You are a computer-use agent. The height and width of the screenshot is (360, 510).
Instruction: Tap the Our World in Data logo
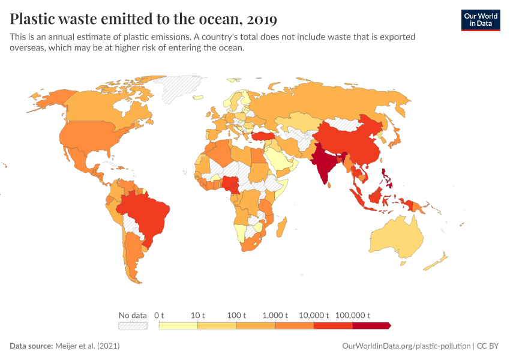pos(480,19)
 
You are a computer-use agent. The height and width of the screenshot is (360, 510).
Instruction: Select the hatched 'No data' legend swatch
pos(133,325)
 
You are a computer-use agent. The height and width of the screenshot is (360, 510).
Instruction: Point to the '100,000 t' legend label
pos(352,315)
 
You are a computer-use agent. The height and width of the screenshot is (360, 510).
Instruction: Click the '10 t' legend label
pos(198,315)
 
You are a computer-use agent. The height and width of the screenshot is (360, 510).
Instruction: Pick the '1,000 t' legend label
pos(275,315)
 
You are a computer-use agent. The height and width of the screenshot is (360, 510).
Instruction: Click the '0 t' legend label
pos(159,315)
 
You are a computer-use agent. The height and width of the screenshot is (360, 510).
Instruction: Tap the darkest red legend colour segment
pos(371,325)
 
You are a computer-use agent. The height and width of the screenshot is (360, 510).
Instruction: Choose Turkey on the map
pos(262,136)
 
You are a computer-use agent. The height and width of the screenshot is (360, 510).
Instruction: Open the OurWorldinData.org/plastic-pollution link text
pos(406,346)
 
